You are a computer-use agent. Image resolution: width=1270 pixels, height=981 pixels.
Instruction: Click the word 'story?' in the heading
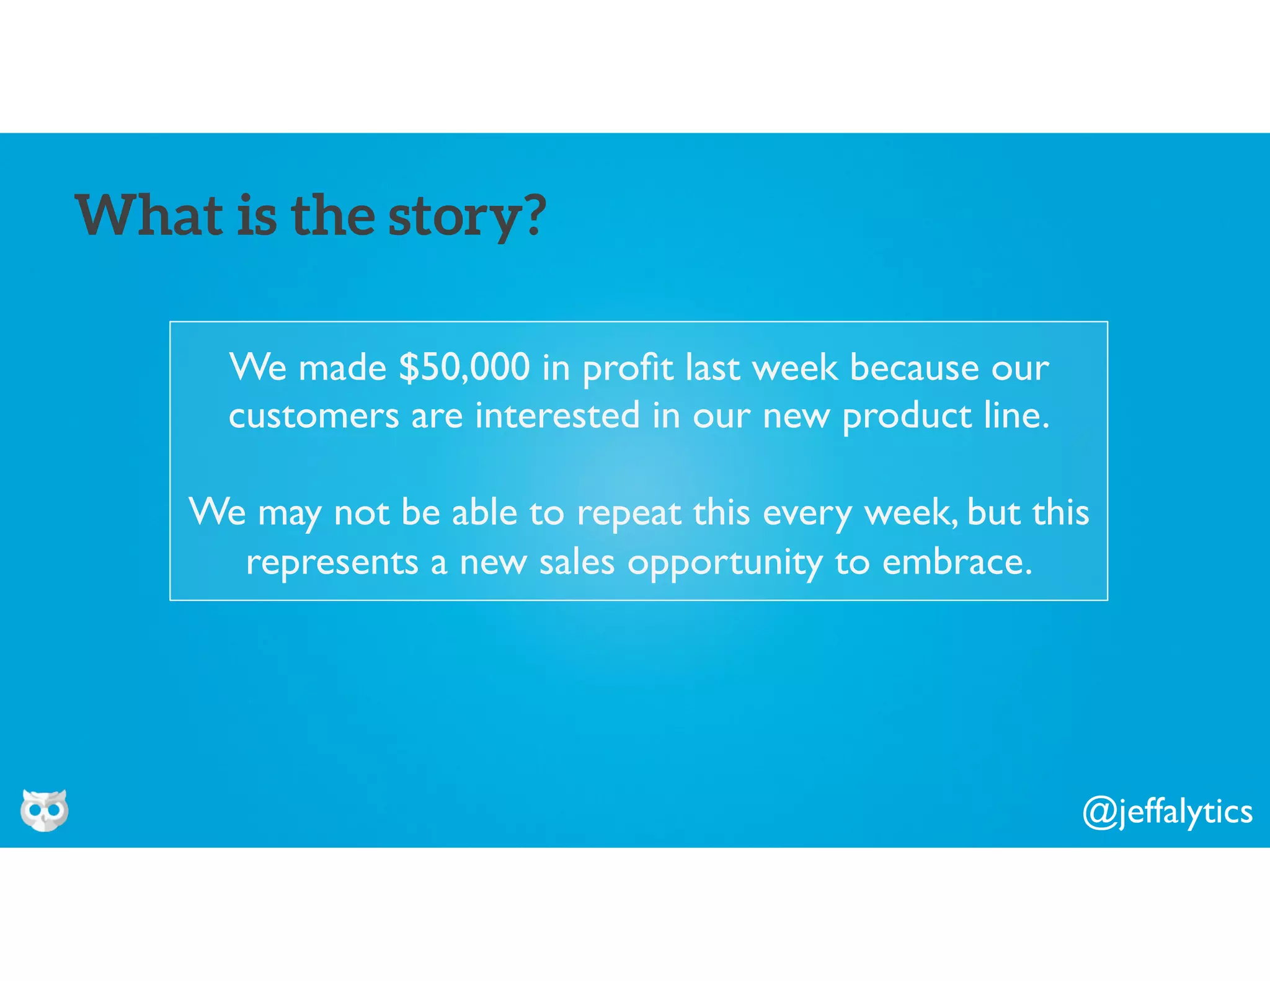(x=467, y=216)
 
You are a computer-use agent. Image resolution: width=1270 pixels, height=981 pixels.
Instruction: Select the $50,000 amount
(x=464, y=367)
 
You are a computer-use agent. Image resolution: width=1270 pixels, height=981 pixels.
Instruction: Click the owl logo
(x=44, y=810)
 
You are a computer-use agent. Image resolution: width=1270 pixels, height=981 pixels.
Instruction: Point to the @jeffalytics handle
(x=1168, y=812)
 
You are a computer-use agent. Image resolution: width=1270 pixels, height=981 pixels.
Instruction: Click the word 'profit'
(x=628, y=368)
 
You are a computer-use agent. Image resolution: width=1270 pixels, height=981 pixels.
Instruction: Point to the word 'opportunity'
(x=724, y=564)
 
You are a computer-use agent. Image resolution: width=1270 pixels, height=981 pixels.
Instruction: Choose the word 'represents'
(x=332, y=563)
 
